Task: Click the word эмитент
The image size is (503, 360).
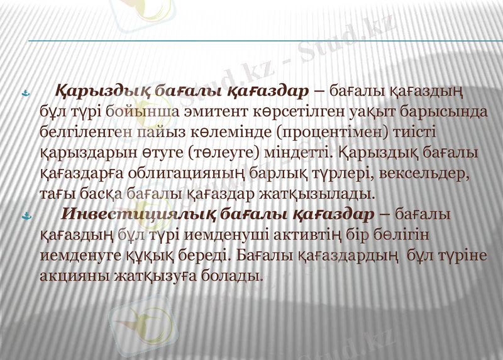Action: (216, 112)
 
